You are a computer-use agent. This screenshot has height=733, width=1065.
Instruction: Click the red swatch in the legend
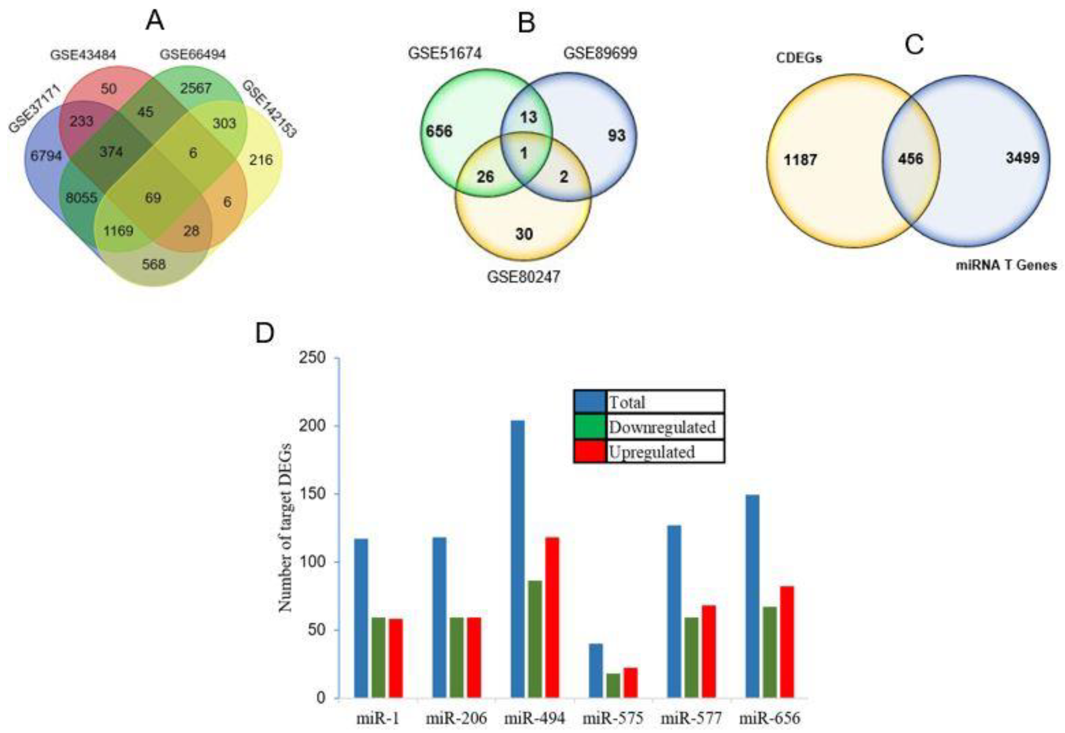point(590,451)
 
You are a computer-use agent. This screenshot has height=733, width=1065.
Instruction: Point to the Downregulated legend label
point(662,427)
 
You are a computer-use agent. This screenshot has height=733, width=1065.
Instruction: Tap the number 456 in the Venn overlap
point(910,159)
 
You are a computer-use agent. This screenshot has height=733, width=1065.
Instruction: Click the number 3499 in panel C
point(1022,158)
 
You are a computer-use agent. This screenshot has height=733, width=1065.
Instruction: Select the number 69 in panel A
point(153,198)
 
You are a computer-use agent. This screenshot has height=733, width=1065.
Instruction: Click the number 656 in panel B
point(439,131)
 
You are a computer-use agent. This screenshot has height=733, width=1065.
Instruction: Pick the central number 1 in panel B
point(524,153)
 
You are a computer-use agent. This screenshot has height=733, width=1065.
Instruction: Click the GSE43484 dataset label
point(83,55)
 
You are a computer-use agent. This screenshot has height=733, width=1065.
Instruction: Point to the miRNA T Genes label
point(1006,265)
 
